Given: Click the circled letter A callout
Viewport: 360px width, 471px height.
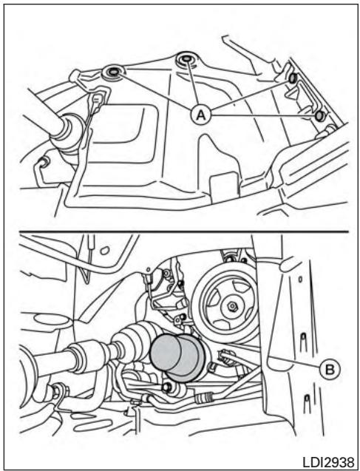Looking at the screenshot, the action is click(x=201, y=114).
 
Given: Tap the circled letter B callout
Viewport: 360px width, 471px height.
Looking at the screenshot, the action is click(x=330, y=369).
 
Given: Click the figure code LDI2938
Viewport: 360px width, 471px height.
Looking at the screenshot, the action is click(x=328, y=461).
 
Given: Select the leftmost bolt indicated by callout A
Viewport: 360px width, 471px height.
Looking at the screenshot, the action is click(x=114, y=72).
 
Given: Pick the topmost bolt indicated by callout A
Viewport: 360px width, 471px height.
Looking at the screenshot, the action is click(x=186, y=59).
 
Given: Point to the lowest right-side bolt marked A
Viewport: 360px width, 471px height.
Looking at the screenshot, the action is click(x=320, y=115).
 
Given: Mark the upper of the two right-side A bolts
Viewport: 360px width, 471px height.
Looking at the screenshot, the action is click(x=292, y=78).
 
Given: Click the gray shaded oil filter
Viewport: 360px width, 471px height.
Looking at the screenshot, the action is click(x=177, y=357).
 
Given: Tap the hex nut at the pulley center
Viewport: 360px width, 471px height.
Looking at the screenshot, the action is click(x=232, y=306).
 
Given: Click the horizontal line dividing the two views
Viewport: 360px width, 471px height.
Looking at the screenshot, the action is click(x=184, y=231).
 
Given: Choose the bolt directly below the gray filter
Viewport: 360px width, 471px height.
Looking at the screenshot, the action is click(x=166, y=387).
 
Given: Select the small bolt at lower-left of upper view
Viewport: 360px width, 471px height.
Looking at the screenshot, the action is click(x=45, y=162).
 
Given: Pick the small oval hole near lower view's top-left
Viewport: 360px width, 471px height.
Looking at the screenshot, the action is click(x=104, y=250).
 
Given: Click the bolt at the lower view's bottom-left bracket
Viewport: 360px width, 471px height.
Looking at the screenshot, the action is click(x=57, y=391).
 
